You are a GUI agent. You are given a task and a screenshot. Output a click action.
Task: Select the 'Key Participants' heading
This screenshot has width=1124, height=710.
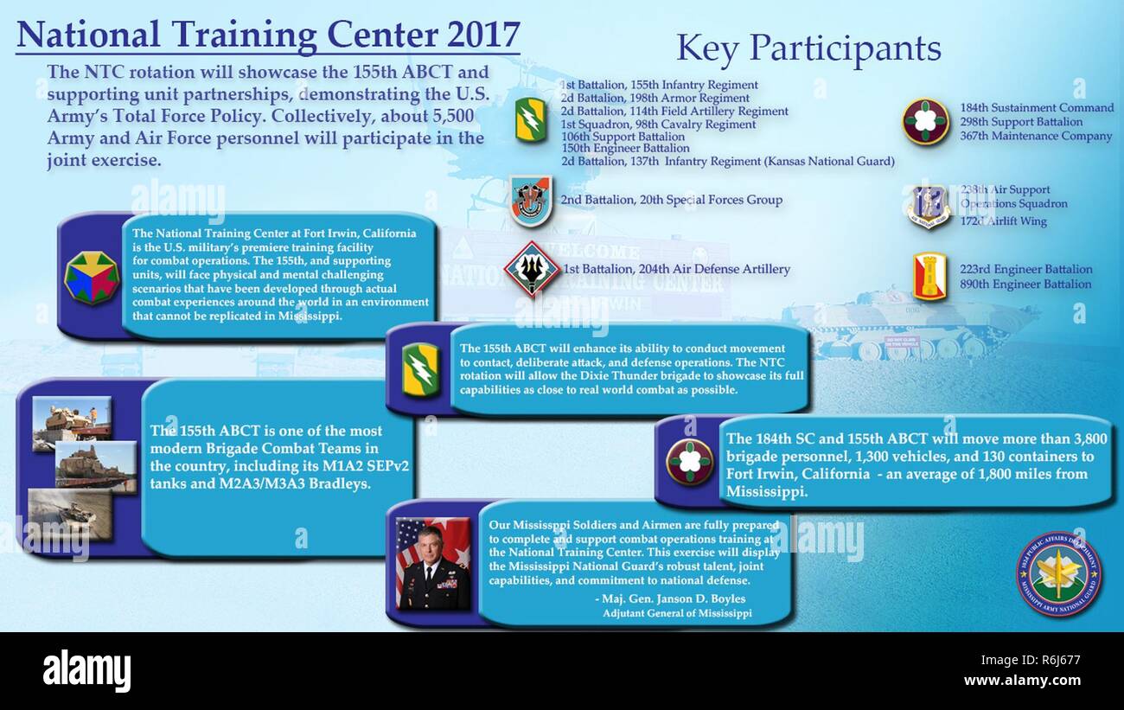click(808, 48)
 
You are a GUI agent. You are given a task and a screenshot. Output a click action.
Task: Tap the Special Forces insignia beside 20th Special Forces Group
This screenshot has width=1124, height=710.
click(529, 201)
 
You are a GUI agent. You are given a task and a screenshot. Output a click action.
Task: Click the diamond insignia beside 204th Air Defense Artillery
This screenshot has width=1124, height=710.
click(532, 269)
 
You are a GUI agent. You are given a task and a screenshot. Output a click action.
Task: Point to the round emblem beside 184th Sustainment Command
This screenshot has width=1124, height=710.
click(925, 121)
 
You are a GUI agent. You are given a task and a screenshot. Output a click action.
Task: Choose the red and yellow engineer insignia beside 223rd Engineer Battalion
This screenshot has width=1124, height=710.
click(929, 277)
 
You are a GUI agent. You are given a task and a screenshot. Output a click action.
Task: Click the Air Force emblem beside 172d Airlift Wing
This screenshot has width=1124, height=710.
click(929, 207)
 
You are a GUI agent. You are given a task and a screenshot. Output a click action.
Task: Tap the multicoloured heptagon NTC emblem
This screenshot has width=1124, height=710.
click(91, 277)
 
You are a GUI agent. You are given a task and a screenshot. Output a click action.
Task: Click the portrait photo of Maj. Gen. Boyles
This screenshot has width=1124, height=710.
click(432, 564)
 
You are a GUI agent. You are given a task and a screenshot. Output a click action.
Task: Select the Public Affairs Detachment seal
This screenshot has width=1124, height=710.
click(1057, 574)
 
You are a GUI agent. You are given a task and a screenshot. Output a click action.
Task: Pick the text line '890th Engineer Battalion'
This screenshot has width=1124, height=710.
click(1025, 285)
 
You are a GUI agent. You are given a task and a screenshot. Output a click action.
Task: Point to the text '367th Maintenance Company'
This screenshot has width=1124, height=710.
click(1036, 137)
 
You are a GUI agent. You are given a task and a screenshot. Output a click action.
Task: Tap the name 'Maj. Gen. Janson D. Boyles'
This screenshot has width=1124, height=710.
click(669, 598)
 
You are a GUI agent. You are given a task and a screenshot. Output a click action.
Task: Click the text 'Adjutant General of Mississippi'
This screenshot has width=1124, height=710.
click(677, 613)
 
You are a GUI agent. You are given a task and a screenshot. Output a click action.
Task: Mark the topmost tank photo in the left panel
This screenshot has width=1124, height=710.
click(71, 423)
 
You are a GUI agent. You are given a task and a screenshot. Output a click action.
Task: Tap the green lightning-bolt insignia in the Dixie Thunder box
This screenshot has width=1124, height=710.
click(420, 370)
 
